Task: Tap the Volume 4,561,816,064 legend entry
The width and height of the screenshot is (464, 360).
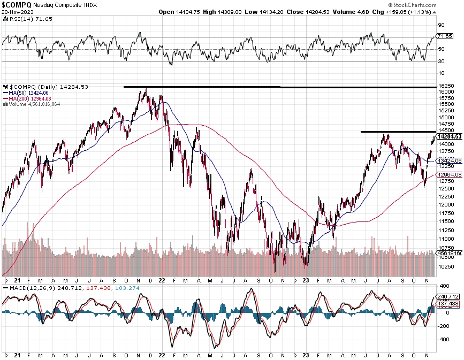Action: click(x=34, y=104)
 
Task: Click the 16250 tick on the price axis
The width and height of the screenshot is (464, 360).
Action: click(x=446, y=86)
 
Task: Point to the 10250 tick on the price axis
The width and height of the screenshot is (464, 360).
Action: click(x=446, y=258)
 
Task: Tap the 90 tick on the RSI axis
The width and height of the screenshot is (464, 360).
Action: click(x=442, y=25)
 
